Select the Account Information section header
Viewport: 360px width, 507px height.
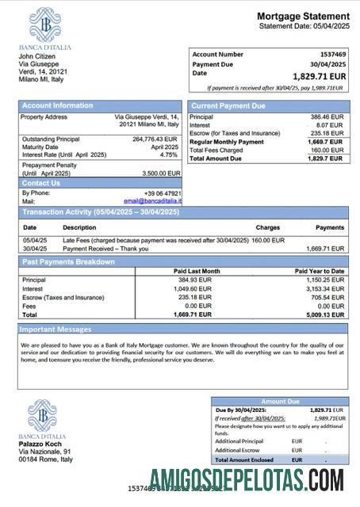57,105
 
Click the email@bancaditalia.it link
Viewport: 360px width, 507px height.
152,201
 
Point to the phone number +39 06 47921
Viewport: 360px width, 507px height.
162,193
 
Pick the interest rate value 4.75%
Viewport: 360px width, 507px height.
170,154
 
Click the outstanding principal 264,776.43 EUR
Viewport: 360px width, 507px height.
155,139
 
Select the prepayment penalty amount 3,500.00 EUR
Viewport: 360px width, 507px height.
161,173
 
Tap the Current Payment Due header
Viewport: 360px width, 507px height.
228,105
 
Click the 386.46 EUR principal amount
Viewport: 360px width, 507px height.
327,116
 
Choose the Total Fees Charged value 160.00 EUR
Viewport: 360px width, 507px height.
327,150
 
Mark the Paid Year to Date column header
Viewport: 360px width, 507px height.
319,271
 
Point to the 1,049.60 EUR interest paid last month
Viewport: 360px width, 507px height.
193,288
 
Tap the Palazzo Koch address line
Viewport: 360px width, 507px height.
39,444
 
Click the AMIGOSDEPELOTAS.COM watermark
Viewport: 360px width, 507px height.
246,480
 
